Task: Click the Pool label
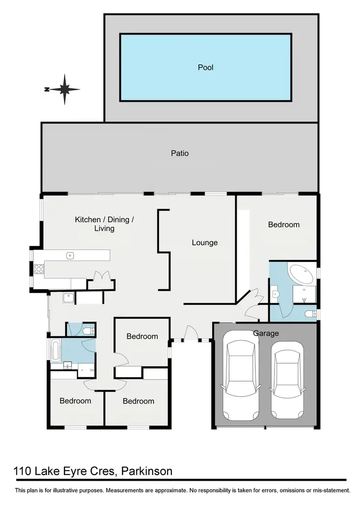click(205, 67)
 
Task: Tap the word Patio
click(180, 154)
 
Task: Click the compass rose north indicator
click(64, 89)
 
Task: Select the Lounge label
click(205, 243)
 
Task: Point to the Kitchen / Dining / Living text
click(104, 224)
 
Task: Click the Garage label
click(266, 333)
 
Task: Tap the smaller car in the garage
click(287, 379)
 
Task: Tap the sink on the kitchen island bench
click(70, 256)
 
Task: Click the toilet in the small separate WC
click(88, 331)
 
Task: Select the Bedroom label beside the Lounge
click(283, 225)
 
